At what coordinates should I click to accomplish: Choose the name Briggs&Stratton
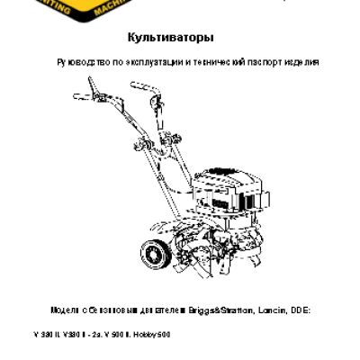[220, 308]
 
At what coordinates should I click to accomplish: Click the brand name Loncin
[272, 308]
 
